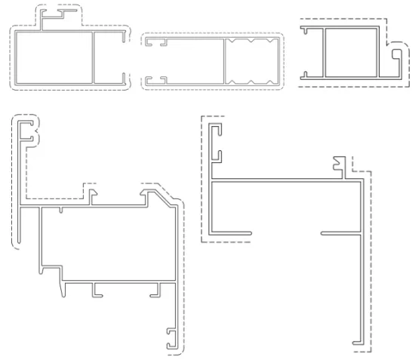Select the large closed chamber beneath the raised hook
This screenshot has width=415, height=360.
(x=53, y=57)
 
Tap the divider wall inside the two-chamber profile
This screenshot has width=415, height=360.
(x=93, y=57)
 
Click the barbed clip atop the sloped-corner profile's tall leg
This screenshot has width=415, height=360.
(x=29, y=134)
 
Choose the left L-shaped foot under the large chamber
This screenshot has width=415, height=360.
(x=96, y=289)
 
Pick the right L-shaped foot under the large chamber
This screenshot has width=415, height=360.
(x=160, y=289)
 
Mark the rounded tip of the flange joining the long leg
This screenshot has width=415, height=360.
(x=324, y=232)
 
